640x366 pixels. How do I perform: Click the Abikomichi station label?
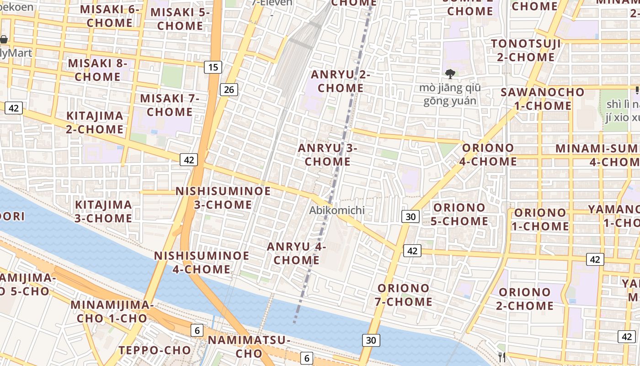tap(337, 210)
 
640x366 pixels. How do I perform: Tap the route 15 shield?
tap(213, 67)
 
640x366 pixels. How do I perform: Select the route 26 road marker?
tap(229, 90)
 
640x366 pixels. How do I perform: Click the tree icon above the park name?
tap(450, 74)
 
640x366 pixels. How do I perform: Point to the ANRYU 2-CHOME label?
tap(341, 81)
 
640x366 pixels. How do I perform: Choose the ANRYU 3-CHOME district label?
tap(327, 155)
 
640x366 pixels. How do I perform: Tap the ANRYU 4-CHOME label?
tap(296, 253)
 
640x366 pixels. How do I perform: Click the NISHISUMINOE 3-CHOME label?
tap(223, 198)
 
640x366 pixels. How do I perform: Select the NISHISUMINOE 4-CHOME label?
tap(202, 262)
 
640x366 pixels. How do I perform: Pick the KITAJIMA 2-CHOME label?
tap(95, 122)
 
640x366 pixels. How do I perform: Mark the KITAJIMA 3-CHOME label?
tap(103, 211)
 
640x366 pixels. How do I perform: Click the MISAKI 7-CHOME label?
tap(170, 105)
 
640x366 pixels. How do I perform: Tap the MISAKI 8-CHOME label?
tap(97, 70)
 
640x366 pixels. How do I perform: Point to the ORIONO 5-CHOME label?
tap(459, 214)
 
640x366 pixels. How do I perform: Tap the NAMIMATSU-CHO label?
tap(249, 346)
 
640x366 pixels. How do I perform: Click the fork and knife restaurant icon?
tap(502, 356)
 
